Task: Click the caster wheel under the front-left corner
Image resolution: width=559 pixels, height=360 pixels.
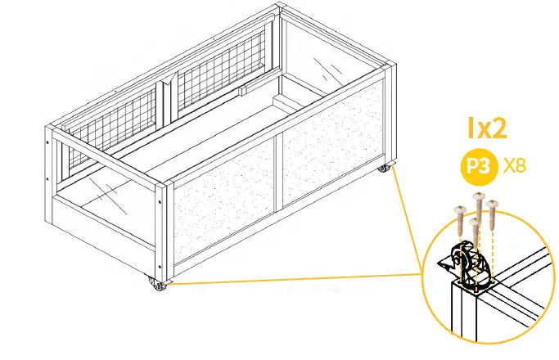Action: click(156, 284)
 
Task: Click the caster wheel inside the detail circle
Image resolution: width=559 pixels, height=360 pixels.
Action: click(467, 263)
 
